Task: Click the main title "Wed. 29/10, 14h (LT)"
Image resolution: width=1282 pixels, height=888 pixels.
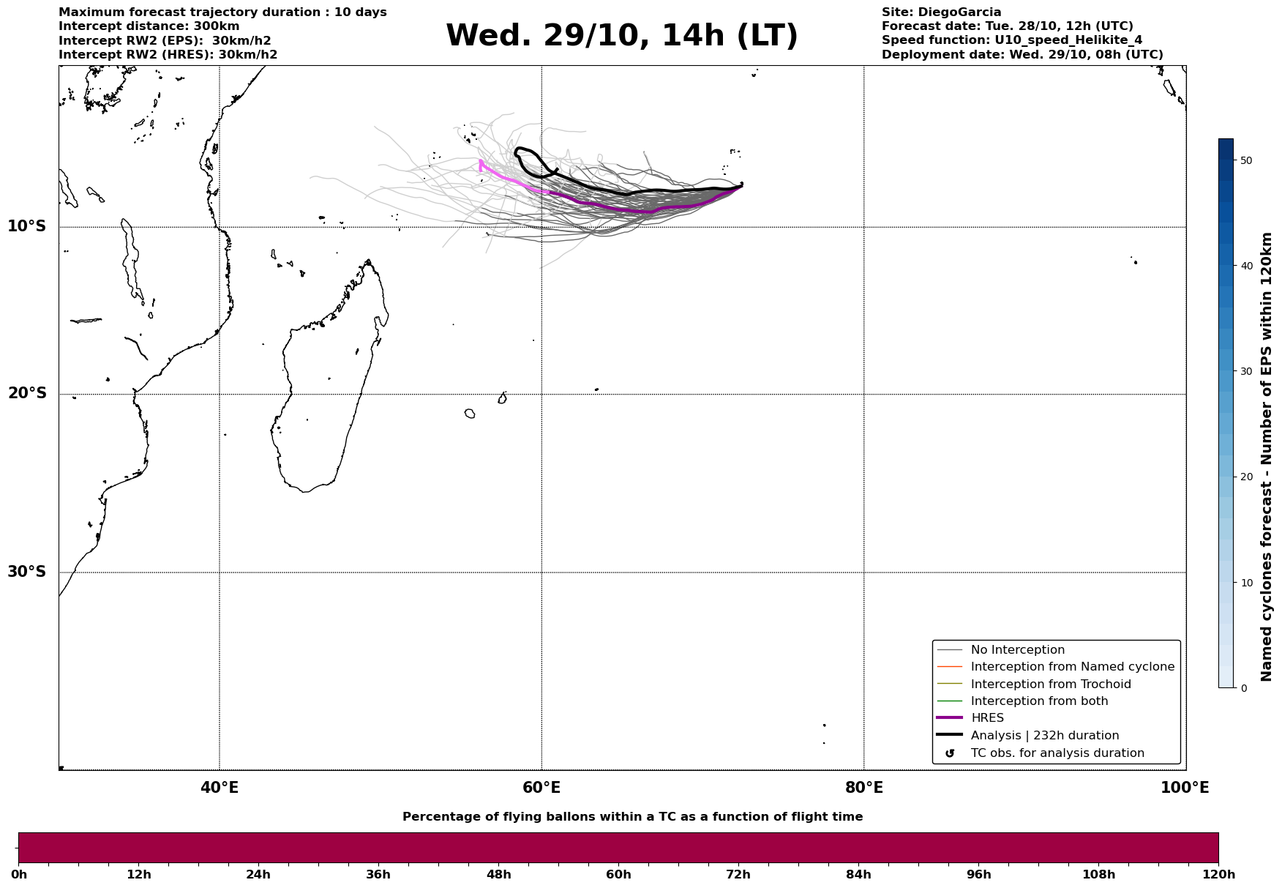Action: (x=621, y=36)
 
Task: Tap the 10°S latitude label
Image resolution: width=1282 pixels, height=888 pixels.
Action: (x=27, y=226)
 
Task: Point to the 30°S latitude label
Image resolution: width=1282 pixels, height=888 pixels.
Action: (x=27, y=572)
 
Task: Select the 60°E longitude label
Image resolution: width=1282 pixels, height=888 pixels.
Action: (x=541, y=788)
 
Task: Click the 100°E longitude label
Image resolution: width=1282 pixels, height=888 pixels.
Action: (x=1185, y=788)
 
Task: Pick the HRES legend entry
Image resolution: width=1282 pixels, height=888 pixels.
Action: (x=987, y=718)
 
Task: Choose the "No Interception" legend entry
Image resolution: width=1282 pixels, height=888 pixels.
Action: (x=1017, y=650)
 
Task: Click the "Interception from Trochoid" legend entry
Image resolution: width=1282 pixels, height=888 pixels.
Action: (x=1050, y=684)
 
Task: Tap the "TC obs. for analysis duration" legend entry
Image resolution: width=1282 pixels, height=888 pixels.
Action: (x=1057, y=753)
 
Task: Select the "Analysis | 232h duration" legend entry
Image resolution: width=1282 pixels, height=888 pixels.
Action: (x=1044, y=736)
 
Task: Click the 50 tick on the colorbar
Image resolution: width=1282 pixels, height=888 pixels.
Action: (x=1247, y=160)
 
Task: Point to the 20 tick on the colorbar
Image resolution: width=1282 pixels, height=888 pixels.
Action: (x=1247, y=477)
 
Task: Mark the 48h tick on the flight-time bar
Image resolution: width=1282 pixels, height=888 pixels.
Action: (x=498, y=874)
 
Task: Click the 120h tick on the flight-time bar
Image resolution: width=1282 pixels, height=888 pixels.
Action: (x=1218, y=874)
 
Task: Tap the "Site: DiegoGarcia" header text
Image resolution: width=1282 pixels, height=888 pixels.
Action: (x=941, y=12)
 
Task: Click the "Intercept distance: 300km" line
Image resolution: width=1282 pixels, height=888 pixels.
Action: (x=149, y=26)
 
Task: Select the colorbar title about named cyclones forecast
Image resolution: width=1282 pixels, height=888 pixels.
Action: (x=1267, y=457)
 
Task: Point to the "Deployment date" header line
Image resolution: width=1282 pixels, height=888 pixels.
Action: (x=1022, y=55)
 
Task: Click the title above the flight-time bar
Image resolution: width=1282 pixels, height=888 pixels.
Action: (x=632, y=817)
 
